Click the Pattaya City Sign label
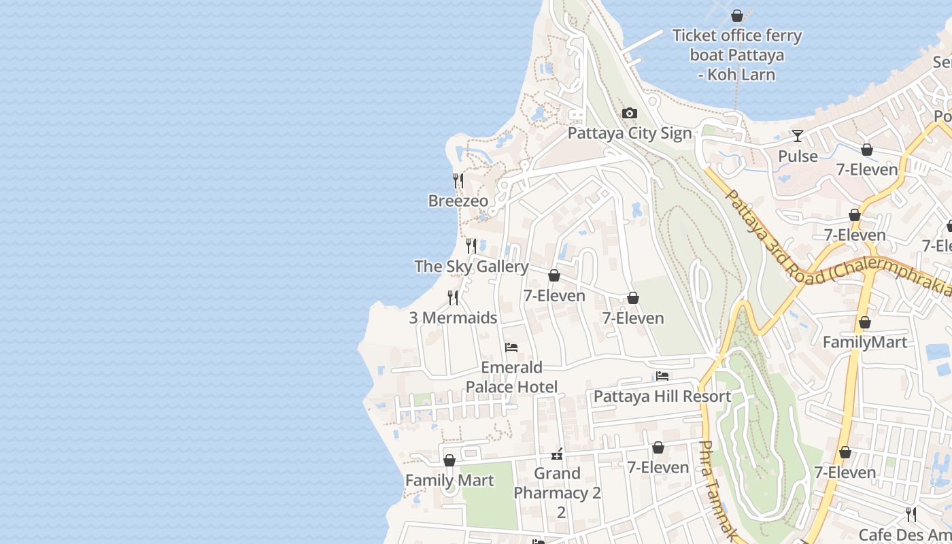pyautogui.click(x=629, y=133)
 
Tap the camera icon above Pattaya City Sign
pyautogui.click(x=630, y=113)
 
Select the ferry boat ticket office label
pyautogui.click(x=737, y=54)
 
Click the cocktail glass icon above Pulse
pyautogui.click(x=798, y=136)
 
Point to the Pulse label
pyautogui.click(x=798, y=156)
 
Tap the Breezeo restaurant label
pyautogui.click(x=458, y=201)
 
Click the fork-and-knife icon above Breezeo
pyautogui.click(x=458, y=181)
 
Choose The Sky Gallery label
pyautogui.click(x=471, y=266)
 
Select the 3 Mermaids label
pyautogui.click(x=453, y=318)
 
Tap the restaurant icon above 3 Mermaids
pyautogui.click(x=453, y=297)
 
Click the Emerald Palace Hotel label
pyautogui.click(x=511, y=377)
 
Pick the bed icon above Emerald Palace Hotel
pyautogui.click(x=511, y=347)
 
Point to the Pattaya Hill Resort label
pyautogui.click(x=662, y=396)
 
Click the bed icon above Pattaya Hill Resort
pyautogui.click(x=662, y=376)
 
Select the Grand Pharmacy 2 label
pyautogui.click(x=557, y=483)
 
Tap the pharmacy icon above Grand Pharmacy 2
pyautogui.click(x=557, y=454)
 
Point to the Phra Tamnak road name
pyautogui.click(x=715, y=490)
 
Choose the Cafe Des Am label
pyautogui.click(x=904, y=534)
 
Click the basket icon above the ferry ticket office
pyautogui.click(x=737, y=15)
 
